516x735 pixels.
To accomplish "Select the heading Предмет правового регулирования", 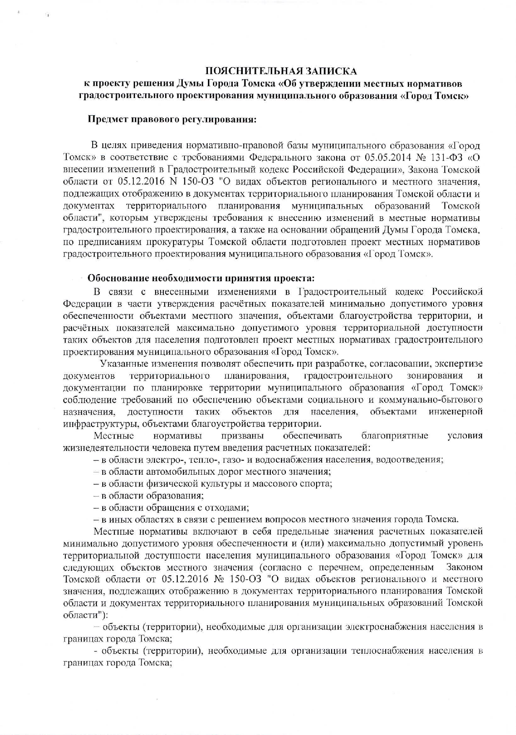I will (x=172, y=119).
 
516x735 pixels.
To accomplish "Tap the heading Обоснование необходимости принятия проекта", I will (x=200, y=278).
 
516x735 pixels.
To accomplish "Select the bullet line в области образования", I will (x=149, y=496).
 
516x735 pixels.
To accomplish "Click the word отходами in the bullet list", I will (x=228, y=508).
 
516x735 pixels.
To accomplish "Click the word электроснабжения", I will (x=382, y=627).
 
